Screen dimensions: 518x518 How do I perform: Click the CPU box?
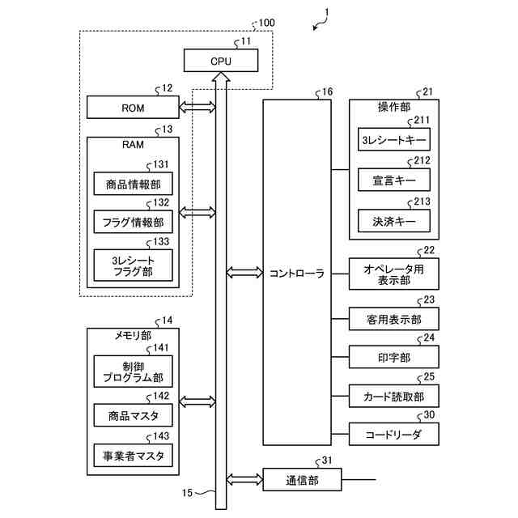pos(220,60)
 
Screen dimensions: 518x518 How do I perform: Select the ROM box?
pos(133,107)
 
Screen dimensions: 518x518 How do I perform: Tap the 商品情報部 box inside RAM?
pos(133,185)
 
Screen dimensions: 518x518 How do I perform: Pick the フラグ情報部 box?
pos(133,221)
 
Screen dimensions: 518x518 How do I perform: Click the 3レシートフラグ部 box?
pos(133,264)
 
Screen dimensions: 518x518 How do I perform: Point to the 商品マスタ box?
pos(133,415)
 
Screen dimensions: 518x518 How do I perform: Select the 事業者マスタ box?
pos(133,456)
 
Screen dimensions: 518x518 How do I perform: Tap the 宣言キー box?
pos(393,179)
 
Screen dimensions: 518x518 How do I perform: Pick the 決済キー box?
pos(393,219)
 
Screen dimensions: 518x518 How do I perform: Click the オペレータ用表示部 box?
pos(393,274)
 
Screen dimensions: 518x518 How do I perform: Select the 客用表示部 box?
pos(393,319)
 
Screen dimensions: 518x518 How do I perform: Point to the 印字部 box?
pos(393,356)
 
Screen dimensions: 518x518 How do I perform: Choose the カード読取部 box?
pos(393,396)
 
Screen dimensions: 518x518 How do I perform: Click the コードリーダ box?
pos(393,435)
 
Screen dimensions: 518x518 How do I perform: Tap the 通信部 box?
pos(302,480)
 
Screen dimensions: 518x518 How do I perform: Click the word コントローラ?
pos(297,274)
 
